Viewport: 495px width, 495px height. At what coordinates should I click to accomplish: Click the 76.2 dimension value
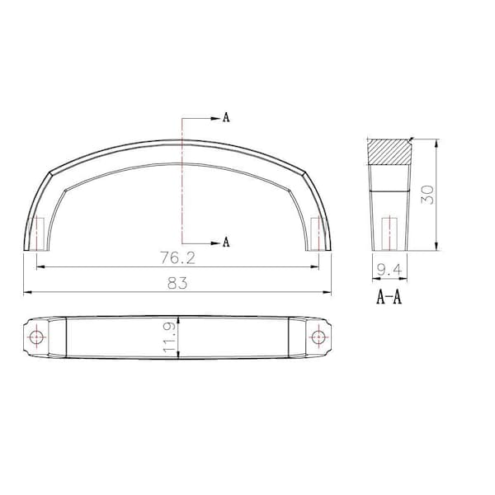coord(177,257)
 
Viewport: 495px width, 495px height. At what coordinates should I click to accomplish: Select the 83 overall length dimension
coord(177,283)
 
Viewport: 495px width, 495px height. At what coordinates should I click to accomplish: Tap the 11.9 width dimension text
coord(169,337)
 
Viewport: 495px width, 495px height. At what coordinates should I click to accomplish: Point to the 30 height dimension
coord(427,195)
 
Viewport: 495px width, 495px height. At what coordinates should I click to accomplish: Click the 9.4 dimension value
coord(389,270)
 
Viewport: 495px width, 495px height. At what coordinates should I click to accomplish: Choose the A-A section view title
coord(389,297)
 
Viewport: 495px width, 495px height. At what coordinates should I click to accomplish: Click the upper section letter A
coord(226,117)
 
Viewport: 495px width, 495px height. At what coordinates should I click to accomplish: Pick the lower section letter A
coord(226,242)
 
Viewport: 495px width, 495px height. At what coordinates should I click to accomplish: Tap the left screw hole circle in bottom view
coord(36,337)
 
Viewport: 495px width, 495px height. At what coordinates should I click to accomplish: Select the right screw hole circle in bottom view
coord(318,337)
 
